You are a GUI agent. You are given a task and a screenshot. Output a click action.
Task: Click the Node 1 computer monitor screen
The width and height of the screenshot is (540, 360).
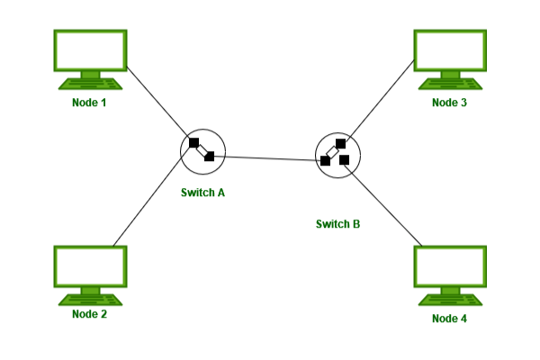click(90, 50)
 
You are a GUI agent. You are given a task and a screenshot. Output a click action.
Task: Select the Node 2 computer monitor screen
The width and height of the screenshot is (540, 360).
click(90, 265)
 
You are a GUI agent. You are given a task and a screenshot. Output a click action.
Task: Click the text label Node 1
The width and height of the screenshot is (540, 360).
click(90, 103)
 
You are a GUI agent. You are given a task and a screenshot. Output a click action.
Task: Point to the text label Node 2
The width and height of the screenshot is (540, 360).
click(90, 314)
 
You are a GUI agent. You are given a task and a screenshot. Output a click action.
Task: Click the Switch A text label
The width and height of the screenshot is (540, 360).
click(202, 193)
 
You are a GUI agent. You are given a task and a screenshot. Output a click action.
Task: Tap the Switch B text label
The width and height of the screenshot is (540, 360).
click(338, 223)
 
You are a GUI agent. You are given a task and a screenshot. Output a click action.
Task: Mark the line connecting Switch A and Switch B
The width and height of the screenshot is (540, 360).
click(270, 158)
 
